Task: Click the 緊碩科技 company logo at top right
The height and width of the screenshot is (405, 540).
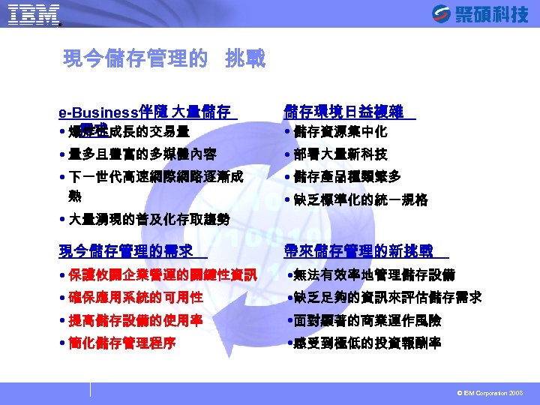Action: point(480,13)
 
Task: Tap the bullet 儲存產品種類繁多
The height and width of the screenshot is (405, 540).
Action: point(346,178)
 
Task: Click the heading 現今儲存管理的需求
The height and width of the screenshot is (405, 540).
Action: point(127,250)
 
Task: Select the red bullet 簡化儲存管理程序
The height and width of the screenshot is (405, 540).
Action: point(121,343)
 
